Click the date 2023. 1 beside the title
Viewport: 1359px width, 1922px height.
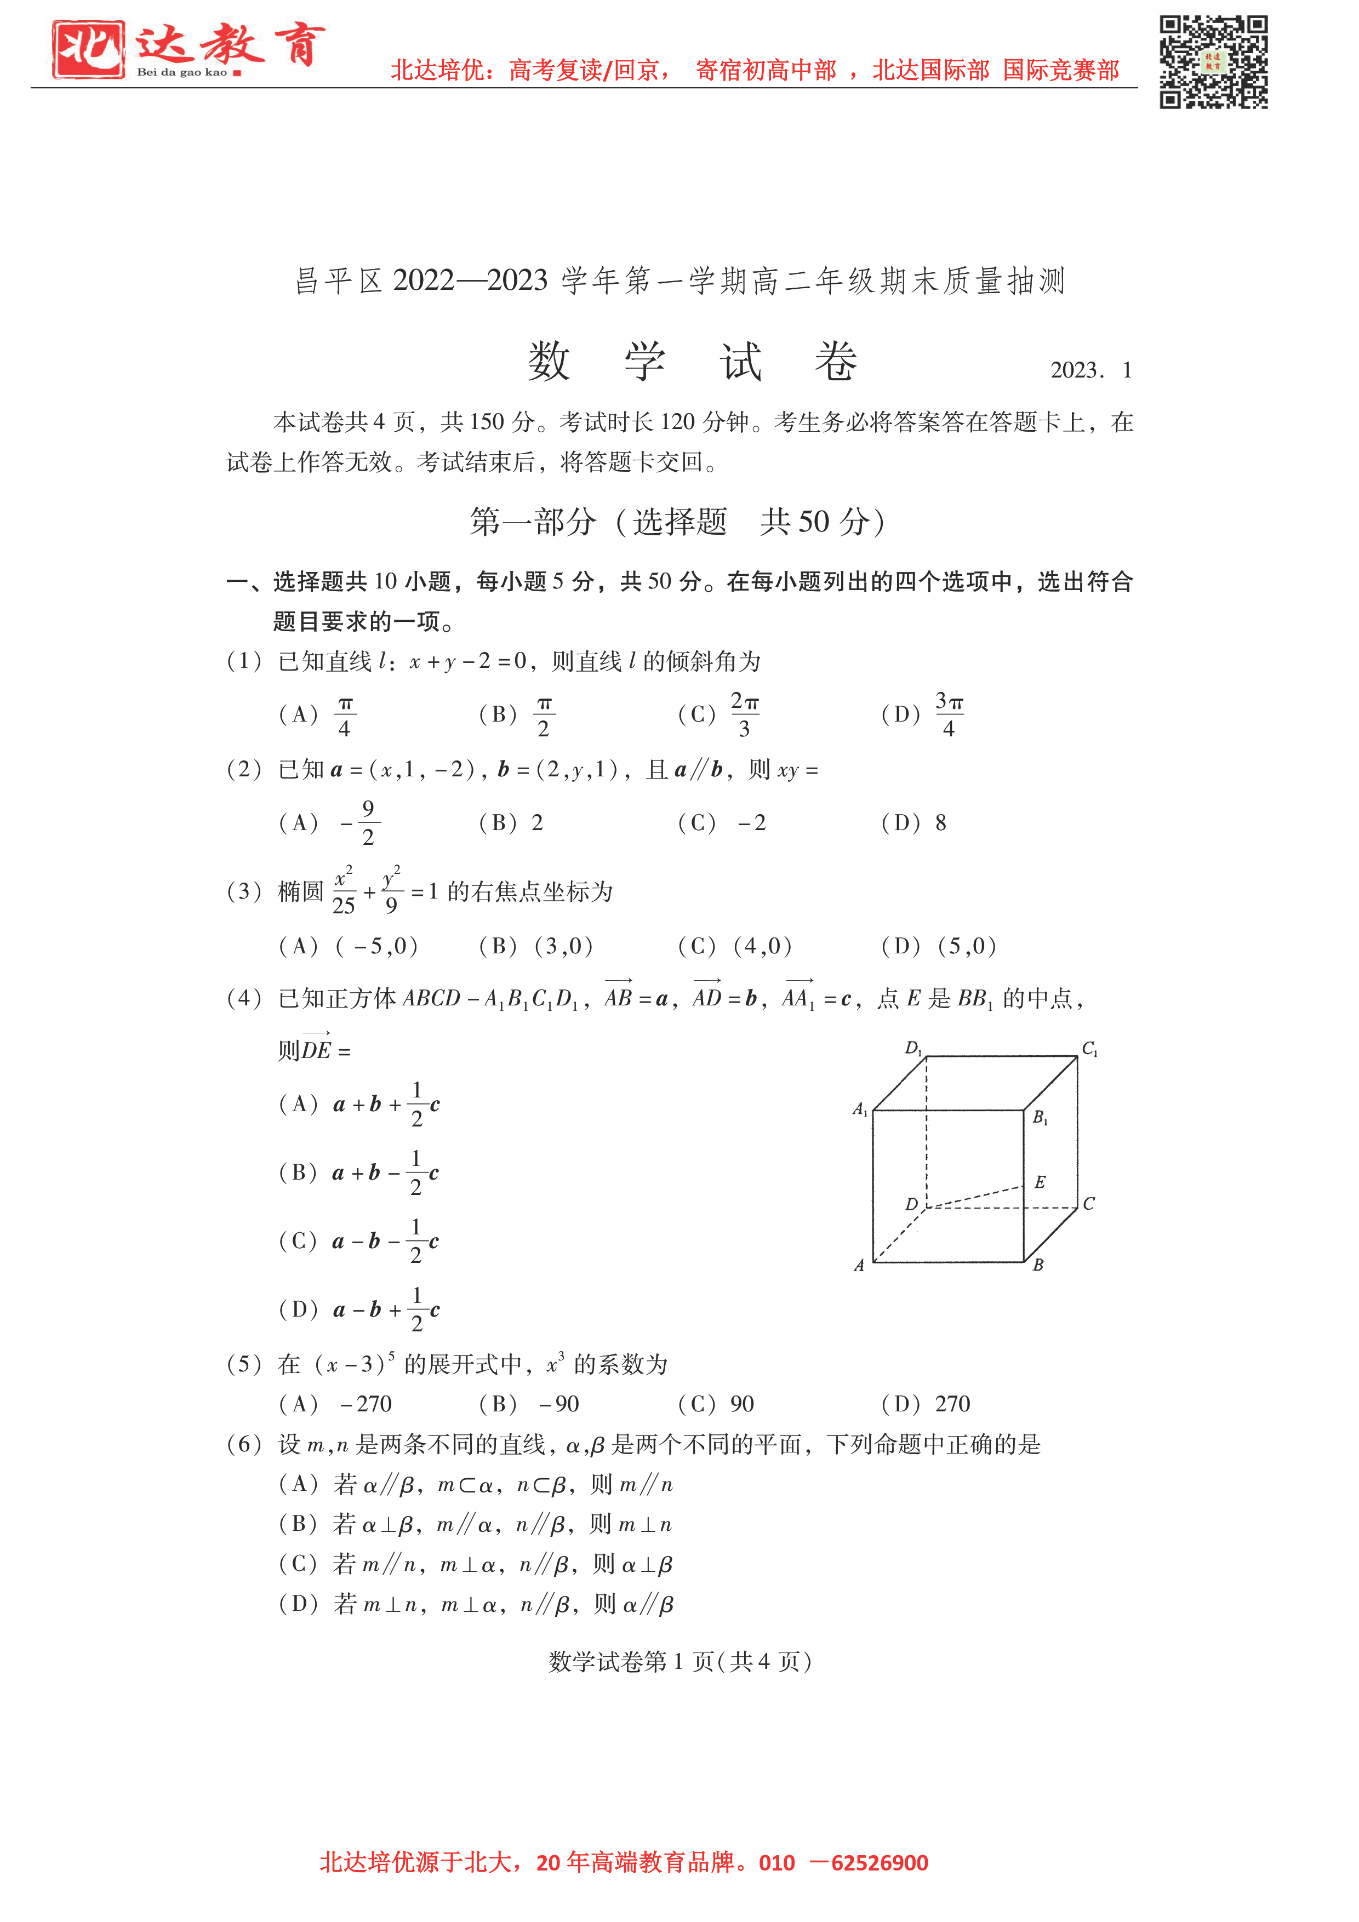(1090, 370)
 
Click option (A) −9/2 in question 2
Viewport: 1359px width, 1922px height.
(330, 823)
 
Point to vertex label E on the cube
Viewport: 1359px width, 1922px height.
(1040, 1182)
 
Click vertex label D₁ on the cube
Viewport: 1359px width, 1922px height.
(913, 1048)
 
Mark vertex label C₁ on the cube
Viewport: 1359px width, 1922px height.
(1089, 1048)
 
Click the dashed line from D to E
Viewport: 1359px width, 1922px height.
(975, 1197)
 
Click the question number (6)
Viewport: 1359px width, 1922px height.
(244, 1444)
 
